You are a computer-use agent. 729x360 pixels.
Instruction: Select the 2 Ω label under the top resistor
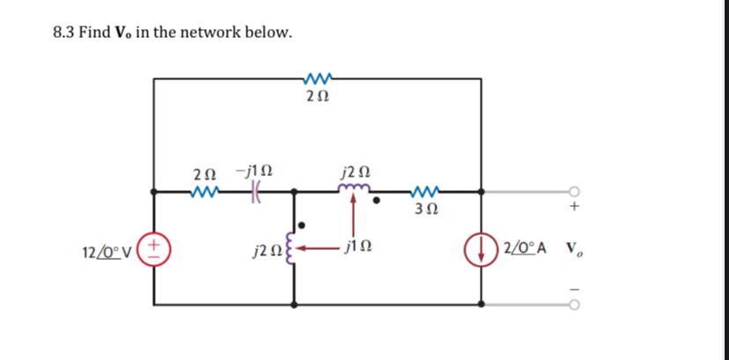coord(316,95)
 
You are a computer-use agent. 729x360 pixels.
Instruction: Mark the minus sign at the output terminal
coord(574,289)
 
